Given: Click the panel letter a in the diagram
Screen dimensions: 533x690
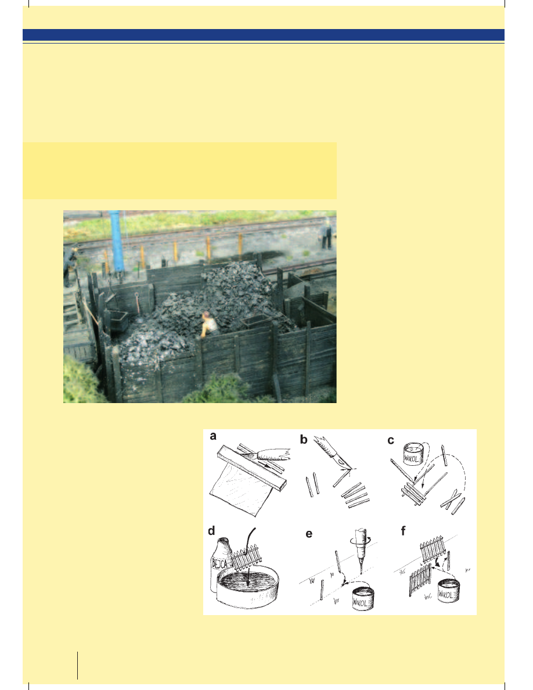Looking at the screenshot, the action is click(x=213, y=436).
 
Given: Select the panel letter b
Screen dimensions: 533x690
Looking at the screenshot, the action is click(x=304, y=439).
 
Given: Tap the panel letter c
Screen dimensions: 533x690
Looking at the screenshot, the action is click(x=391, y=440).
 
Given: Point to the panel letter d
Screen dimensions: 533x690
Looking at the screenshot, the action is click(x=211, y=531).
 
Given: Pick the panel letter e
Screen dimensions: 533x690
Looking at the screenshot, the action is click(x=309, y=534).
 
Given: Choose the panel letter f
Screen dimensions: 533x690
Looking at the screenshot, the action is click(x=404, y=531).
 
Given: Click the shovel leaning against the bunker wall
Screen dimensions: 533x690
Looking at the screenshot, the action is click(x=138, y=303).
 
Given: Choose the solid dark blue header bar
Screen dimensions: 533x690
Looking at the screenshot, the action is click(x=264, y=35).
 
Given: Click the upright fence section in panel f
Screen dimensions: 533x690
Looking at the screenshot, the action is click(x=420, y=581).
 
